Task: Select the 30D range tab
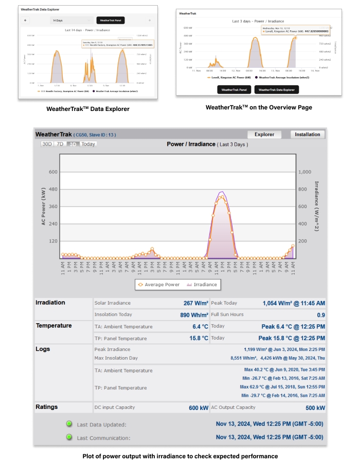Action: (x=47, y=144)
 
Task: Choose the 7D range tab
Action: (x=60, y=144)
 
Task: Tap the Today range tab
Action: (x=88, y=144)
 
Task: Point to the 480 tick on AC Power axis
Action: (x=53, y=189)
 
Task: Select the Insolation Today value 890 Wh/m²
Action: (x=194, y=314)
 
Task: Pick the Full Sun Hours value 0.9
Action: (x=321, y=314)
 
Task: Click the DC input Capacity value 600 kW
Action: (x=199, y=408)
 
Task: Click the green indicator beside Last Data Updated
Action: (x=68, y=424)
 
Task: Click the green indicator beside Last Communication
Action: (x=68, y=437)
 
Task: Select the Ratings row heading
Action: (x=47, y=407)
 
